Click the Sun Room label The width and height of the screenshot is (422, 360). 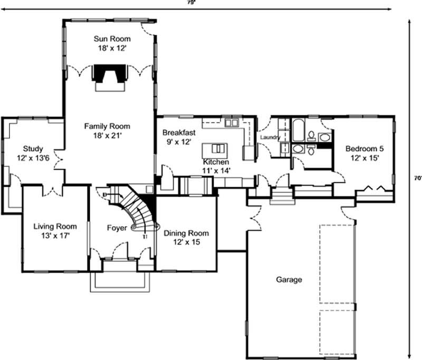coord(112,38)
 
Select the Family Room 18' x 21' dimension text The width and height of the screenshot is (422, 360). coord(107,135)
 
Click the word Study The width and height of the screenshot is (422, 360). coord(33,149)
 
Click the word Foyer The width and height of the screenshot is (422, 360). coord(117,228)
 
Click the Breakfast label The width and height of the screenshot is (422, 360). coord(179,132)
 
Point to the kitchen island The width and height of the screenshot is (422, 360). coord(217,148)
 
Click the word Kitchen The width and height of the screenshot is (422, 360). coord(216,162)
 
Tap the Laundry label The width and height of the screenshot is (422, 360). coord(270,138)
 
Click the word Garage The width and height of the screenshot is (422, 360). coord(289,279)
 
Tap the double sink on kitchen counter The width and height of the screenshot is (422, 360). coord(232,123)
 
